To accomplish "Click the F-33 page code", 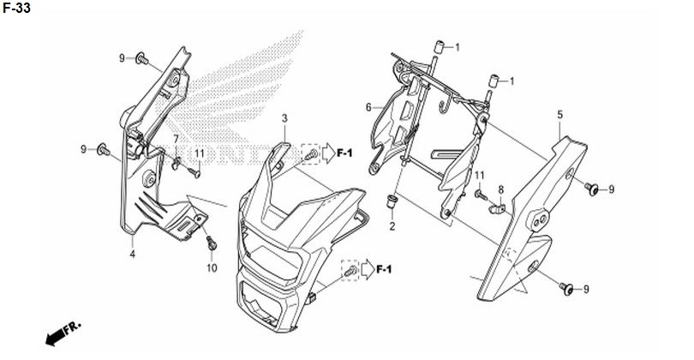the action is [16, 8].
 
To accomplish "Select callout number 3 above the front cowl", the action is [284, 118].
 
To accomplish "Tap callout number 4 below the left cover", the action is [132, 255].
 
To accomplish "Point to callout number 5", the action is [559, 115].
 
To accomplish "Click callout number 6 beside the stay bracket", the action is [368, 107].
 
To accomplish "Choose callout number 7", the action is [176, 139].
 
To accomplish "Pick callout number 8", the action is [500, 190].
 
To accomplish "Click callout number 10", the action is [212, 268].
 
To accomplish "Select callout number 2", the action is [392, 227].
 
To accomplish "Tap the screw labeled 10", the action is [211, 243].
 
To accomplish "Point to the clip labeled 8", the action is [497, 207].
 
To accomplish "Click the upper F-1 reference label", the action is [344, 153].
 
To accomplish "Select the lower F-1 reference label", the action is [384, 269].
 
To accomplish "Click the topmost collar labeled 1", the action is [439, 46].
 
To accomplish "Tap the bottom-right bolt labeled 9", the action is [566, 289].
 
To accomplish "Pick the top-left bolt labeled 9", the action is [141, 58].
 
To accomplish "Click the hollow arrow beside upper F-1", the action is [328, 153].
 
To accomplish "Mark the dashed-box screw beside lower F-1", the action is [350, 271].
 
